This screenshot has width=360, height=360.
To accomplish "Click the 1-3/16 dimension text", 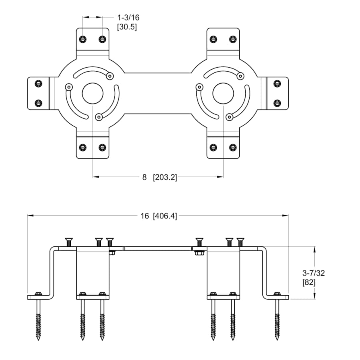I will click(x=128, y=18).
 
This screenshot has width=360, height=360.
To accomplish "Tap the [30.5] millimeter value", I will click(x=126, y=28).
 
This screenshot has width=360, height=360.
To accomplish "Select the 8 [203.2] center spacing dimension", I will click(x=159, y=177).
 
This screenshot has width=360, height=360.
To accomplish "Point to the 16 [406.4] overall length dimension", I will click(x=158, y=216).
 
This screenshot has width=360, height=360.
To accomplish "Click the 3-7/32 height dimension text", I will click(x=314, y=273).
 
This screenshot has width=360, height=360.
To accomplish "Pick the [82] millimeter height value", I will click(x=310, y=282).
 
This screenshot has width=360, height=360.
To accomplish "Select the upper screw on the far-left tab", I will click(x=38, y=84).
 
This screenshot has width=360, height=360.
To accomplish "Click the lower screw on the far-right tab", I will click(x=277, y=103).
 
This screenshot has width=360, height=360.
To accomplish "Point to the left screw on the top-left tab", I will click(x=83, y=39).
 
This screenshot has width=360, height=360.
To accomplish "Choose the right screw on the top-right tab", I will click(x=233, y=39).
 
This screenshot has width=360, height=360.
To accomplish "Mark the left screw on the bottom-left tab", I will click(x=83, y=147).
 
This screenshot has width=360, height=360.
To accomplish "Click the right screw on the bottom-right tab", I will click(x=233, y=147).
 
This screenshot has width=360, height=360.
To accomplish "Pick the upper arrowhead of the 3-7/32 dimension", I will click(x=315, y=249).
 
